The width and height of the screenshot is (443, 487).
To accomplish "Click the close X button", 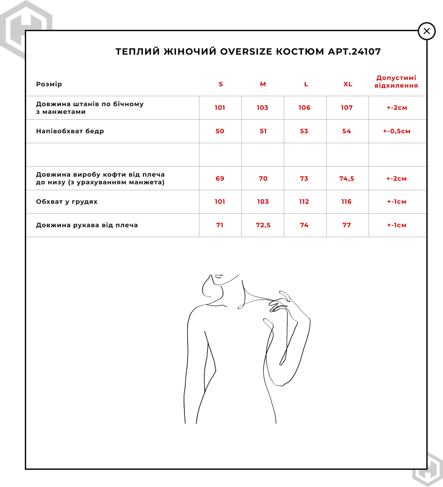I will (x=427, y=31).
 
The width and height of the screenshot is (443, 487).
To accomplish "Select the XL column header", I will (x=347, y=84).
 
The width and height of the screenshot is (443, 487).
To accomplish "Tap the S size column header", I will (x=221, y=84).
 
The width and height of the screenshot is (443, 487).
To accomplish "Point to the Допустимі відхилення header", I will (x=396, y=82).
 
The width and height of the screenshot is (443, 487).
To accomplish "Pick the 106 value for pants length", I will (x=305, y=108).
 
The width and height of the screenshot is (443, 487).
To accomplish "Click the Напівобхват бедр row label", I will (x=70, y=131).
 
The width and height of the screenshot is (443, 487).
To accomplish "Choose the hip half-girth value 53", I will (x=304, y=131).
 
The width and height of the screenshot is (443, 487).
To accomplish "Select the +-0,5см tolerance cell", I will (x=397, y=131).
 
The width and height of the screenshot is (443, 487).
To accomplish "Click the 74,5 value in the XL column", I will (x=346, y=178).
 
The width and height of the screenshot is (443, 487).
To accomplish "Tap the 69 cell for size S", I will (x=220, y=178).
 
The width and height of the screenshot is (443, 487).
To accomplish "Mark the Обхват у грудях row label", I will (x=67, y=202).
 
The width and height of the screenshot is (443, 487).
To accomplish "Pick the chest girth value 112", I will (x=304, y=202).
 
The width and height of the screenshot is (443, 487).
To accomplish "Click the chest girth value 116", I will (x=346, y=202).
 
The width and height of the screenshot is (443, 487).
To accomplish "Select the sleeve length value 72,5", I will (x=263, y=225).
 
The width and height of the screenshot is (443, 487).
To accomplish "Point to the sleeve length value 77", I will (x=346, y=225).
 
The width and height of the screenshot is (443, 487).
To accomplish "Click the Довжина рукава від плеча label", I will (x=87, y=225).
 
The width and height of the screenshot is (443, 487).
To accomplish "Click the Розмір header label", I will (x=49, y=84).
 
